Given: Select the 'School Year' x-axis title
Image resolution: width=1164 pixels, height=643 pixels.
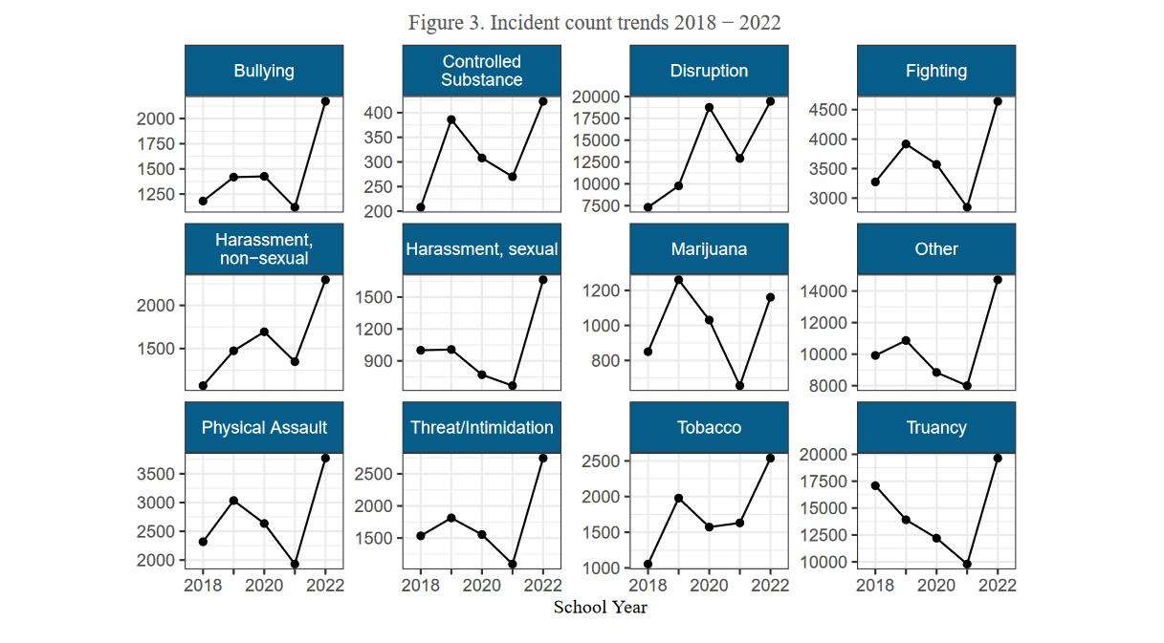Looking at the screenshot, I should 601,608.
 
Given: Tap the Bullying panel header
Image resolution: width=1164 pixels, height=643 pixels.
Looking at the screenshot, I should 264,71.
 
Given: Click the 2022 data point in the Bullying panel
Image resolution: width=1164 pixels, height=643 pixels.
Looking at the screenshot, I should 325,101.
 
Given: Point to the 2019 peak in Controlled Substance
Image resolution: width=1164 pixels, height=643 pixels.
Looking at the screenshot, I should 451,119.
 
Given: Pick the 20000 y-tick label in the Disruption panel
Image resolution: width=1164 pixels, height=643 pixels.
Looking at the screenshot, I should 594,96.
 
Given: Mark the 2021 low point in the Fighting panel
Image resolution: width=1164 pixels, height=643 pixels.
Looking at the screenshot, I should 967,207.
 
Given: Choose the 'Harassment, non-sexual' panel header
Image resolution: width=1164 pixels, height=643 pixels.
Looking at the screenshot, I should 264,249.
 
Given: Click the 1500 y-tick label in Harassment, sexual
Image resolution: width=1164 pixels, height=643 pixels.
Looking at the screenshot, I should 373,297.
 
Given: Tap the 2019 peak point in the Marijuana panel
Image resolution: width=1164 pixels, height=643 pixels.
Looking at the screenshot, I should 679,280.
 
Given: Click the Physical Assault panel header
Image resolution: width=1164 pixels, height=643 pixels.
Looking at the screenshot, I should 264,428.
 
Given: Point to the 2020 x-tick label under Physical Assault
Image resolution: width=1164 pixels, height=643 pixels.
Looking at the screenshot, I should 264,586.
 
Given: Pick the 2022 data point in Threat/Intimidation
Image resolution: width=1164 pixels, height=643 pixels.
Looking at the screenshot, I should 543,458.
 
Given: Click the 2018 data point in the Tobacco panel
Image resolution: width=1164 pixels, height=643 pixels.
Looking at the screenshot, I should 648,564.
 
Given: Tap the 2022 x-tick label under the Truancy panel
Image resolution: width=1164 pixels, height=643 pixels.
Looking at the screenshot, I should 997,586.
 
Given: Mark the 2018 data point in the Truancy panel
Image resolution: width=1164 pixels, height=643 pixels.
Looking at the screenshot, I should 875,485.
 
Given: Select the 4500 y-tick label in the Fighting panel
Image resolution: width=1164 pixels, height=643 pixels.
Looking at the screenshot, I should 826,110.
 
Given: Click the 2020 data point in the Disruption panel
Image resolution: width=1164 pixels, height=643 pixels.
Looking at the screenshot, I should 709,107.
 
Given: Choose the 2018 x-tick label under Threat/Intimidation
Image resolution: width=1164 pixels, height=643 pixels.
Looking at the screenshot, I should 421,586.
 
